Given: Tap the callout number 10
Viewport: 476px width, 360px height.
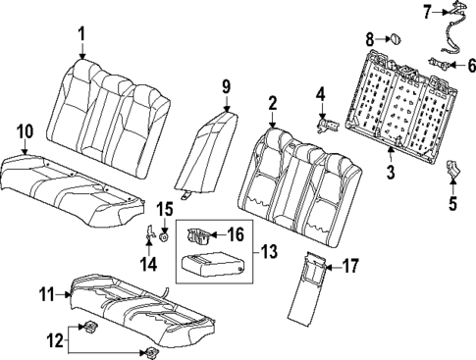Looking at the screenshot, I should click(x=25, y=131).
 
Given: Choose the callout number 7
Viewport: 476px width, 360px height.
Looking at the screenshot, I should click(x=401, y=11).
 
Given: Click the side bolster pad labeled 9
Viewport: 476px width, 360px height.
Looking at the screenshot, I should click(x=209, y=143).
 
